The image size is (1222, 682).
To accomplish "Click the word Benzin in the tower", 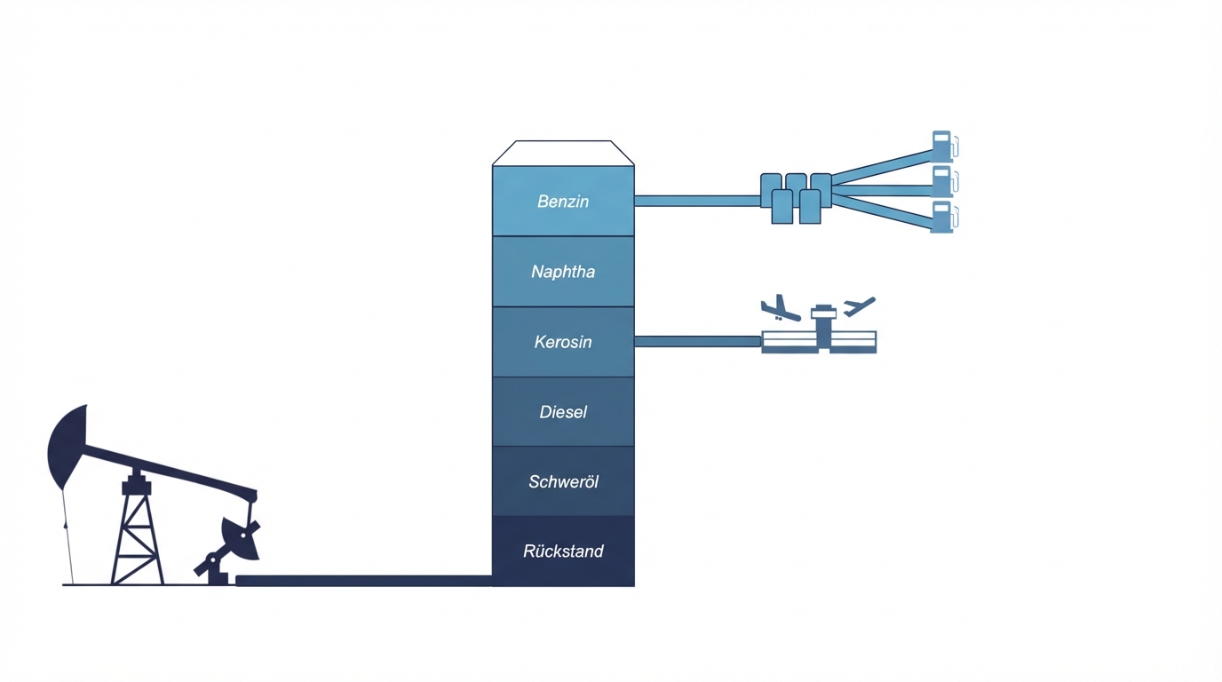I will tap(563, 202).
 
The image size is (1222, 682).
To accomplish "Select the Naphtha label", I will tap(563, 272).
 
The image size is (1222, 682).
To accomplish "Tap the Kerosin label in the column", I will tap(563, 342).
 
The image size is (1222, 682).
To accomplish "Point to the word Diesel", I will tap(563, 412).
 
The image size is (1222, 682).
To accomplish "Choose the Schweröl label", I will tap(563, 482).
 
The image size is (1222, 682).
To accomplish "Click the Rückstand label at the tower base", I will tap(563, 551).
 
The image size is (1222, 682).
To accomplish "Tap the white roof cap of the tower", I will tap(563, 153).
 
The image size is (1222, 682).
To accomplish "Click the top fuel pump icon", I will tap(942, 147).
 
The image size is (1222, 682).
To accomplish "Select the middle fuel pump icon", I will tap(942, 181).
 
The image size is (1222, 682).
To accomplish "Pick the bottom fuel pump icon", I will tap(942, 217).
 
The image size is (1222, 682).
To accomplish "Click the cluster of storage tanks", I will tap(796, 197).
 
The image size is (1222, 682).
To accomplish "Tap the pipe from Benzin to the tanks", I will tap(697, 201).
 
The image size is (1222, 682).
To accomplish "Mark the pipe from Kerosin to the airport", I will tap(697, 342).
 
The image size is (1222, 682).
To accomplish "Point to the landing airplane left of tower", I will tap(779, 308).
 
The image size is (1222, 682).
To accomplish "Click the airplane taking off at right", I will tap(859, 306).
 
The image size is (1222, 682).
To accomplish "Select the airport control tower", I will tap(823, 325).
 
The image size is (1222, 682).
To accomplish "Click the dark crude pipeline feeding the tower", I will tap(364, 581).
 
